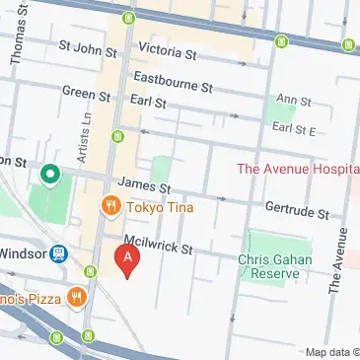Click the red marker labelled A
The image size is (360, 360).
coord(127,260)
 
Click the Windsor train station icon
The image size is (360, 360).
coord(58,253)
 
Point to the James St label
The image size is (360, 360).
coord(144,184)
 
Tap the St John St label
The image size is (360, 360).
coord(88,45)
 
